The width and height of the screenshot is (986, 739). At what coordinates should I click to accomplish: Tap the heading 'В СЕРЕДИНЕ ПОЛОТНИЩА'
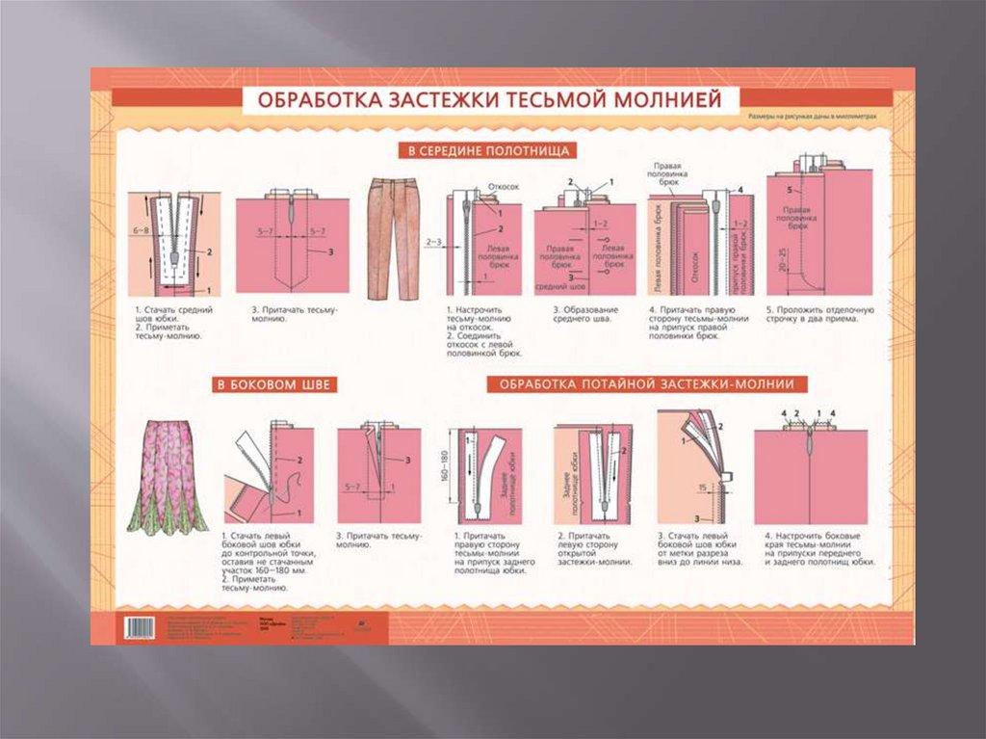click(x=487, y=151)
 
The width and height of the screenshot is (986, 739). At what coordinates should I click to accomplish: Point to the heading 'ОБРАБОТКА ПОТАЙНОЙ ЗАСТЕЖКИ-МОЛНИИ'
click(x=646, y=384)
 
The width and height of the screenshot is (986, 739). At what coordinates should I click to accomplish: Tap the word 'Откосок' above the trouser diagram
click(x=505, y=187)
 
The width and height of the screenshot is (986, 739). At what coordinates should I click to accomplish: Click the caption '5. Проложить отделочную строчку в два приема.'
click(x=818, y=314)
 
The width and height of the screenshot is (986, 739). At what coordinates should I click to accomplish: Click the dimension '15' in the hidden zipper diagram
click(x=704, y=486)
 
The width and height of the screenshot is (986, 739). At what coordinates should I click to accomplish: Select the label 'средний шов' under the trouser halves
click(x=556, y=286)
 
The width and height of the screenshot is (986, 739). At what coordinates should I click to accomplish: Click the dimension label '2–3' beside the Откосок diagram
click(x=432, y=242)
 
